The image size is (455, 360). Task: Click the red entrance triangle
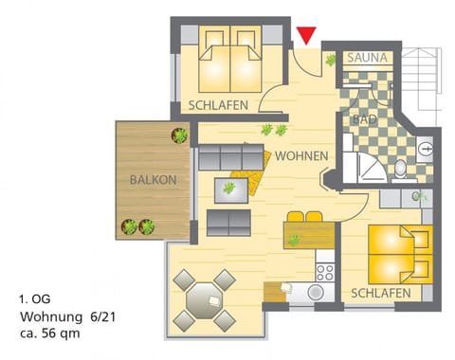(x=305, y=36)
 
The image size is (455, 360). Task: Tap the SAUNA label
(x=367, y=59)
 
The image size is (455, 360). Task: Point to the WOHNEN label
(x=301, y=155)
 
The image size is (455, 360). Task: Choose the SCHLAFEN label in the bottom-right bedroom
(x=380, y=294)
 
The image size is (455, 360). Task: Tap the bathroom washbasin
(x=426, y=148)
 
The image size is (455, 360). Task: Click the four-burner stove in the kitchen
(x=325, y=273)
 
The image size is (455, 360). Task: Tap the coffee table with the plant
(x=229, y=190)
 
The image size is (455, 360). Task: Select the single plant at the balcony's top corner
(x=177, y=135)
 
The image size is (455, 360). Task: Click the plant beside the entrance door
(x=331, y=61)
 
